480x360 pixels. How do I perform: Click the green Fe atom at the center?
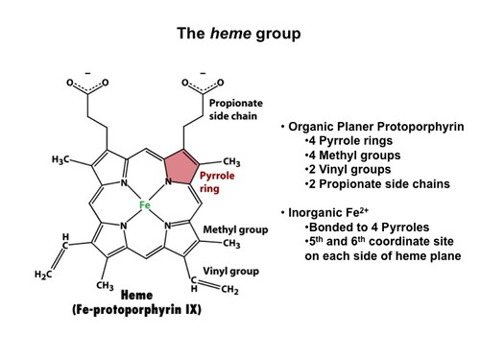pos(144,204)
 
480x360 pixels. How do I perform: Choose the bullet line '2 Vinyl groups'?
pos(344,171)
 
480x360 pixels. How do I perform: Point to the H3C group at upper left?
pos(61,159)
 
